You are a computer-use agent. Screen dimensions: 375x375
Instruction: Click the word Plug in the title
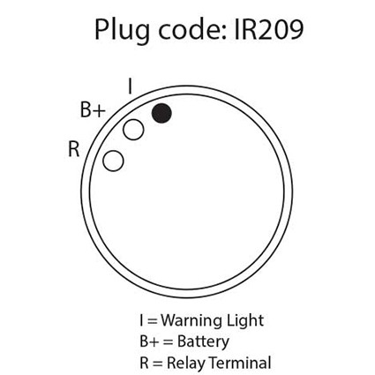click(x=122, y=31)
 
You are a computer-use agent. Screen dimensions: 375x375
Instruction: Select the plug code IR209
click(x=268, y=30)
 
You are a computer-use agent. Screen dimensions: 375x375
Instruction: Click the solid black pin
click(x=161, y=113)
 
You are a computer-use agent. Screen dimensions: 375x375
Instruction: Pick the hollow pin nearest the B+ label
click(x=133, y=130)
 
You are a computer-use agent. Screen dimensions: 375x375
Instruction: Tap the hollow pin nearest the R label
click(x=113, y=161)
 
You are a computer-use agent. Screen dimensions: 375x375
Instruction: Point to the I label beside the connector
click(x=130, y=86)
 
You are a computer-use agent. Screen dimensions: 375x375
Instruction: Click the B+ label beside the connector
click(x=93, y=110)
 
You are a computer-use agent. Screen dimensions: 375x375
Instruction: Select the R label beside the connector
click(x=73, y=149)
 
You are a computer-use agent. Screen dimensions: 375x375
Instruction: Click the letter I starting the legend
click(x=141, y=320)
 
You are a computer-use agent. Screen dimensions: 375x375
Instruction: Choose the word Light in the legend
click(x=245, y=321)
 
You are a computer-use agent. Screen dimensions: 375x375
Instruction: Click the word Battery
click(x=203, y=342)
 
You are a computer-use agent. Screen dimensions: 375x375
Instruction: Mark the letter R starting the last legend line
click(x=144, y=363)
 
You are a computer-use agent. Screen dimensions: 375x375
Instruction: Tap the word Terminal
click(x=239, y=363)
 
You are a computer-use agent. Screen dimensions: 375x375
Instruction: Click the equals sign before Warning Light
click(x=152, y=321)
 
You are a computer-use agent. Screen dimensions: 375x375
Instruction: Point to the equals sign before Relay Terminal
click(x=157, y=364)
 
